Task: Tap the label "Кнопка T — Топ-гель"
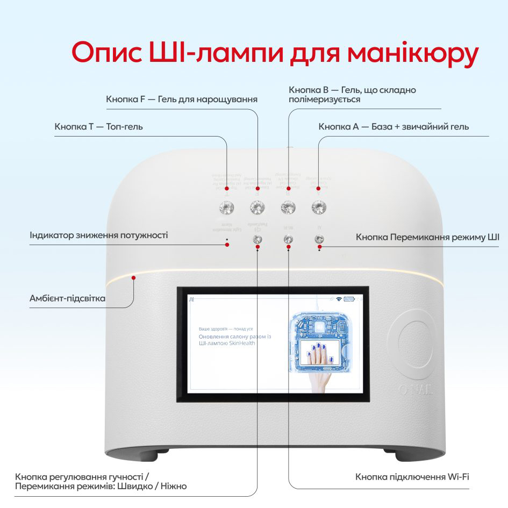pos(98,127)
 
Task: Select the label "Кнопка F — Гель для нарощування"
pos(182,99)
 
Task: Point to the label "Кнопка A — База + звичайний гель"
pos(393,127)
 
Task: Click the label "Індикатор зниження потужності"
pos(99,235)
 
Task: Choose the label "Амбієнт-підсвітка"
pos(67,298)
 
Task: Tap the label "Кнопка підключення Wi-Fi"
pos(412,477)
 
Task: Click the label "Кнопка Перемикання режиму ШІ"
pos(427,237)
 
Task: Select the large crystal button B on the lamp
pos(288,207)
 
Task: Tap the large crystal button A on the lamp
pos(319,206)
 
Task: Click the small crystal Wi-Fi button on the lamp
pos(288,239)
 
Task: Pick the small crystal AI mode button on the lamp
pos(319,239)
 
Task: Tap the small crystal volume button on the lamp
pos(257,239)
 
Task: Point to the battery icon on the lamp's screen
pos(350,299)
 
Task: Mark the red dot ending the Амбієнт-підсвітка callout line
pos(134,277)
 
